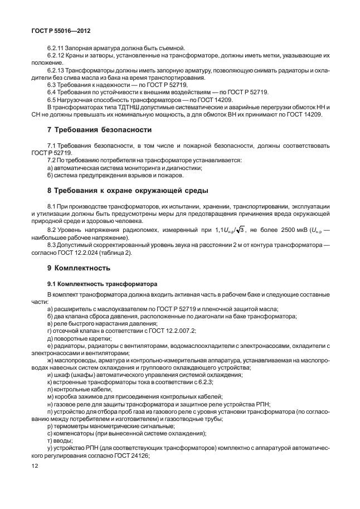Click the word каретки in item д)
(99, 338)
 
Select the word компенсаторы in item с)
(74, 433)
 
